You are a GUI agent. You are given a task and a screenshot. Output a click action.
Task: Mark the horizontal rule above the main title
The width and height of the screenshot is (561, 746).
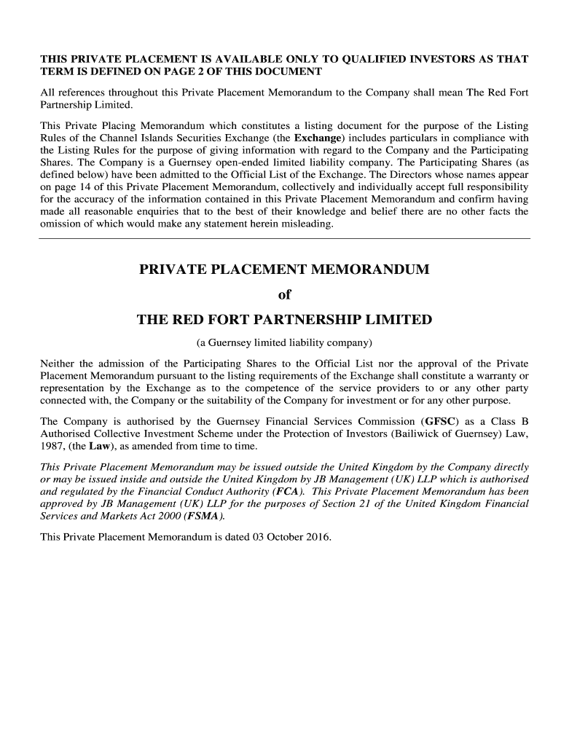point(284,238)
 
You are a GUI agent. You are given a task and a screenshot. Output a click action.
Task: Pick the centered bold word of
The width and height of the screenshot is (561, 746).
point(284,295)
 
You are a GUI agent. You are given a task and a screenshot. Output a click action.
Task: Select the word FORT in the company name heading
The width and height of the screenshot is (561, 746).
point(223,320)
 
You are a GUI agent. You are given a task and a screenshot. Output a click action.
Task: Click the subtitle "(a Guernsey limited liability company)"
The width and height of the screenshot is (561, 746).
point(284,342)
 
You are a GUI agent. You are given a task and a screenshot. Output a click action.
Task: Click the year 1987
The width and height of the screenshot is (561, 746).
point(52,447)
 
